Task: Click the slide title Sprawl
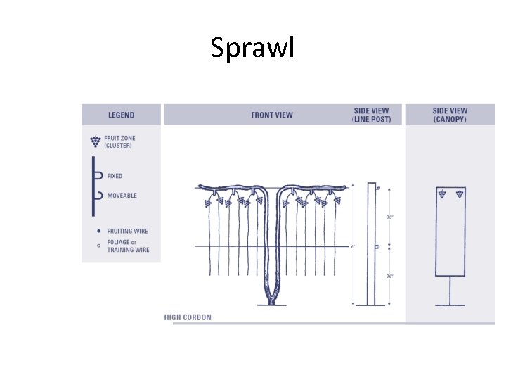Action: pos(253,48)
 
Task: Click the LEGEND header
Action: pos(121,115)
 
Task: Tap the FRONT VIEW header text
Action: pos(272,115)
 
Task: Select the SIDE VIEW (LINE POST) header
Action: pos(370,115)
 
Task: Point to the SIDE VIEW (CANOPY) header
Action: pos(450,115)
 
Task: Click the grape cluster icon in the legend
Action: pos(95,141)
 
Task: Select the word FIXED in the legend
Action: pos(115,176)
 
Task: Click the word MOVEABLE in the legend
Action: pos(122,196)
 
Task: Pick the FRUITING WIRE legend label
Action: pos(127,231)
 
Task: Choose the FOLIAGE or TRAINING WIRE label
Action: pos(128,246)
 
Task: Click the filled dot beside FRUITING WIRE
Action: pos(98,231)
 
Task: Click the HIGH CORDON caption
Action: pos(188,317)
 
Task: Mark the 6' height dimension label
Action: pos(353,246)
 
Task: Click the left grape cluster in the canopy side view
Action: pos(442,193)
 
